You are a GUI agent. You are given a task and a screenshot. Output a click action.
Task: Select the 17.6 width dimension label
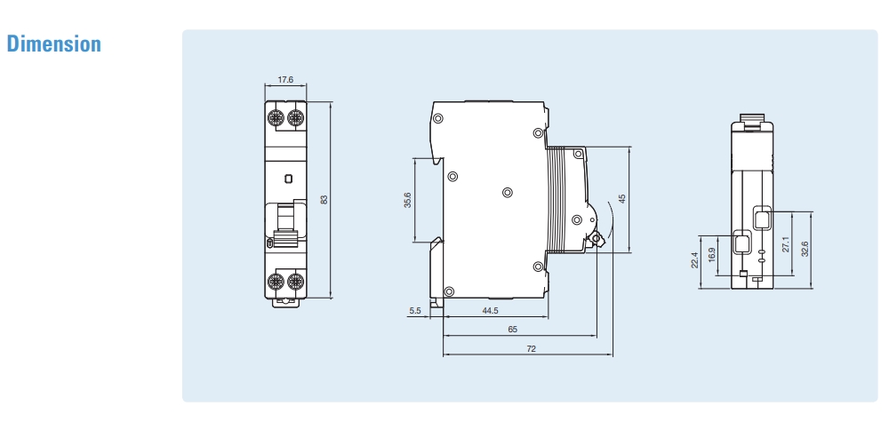coord(285,80)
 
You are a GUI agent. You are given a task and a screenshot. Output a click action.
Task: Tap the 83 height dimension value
coord(324,200)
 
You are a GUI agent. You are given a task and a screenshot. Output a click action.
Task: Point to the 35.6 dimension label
coord(407,200)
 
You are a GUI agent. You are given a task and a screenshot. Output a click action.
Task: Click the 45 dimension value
coord(622,199)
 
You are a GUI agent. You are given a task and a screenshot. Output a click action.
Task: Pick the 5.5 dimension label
coord(415,311)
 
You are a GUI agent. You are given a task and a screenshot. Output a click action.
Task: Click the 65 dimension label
coord(512,330)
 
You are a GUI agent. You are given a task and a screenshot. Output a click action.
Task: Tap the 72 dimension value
coord(531,350)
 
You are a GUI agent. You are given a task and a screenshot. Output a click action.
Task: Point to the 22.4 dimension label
coord(693,261)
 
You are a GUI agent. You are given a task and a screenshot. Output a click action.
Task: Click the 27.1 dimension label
coord(785,244)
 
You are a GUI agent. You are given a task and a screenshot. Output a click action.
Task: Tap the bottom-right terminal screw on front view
coord(296,283)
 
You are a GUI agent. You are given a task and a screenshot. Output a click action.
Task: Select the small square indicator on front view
coord(286,179)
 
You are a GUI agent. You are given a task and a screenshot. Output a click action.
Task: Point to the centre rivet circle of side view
coord(507,192)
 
